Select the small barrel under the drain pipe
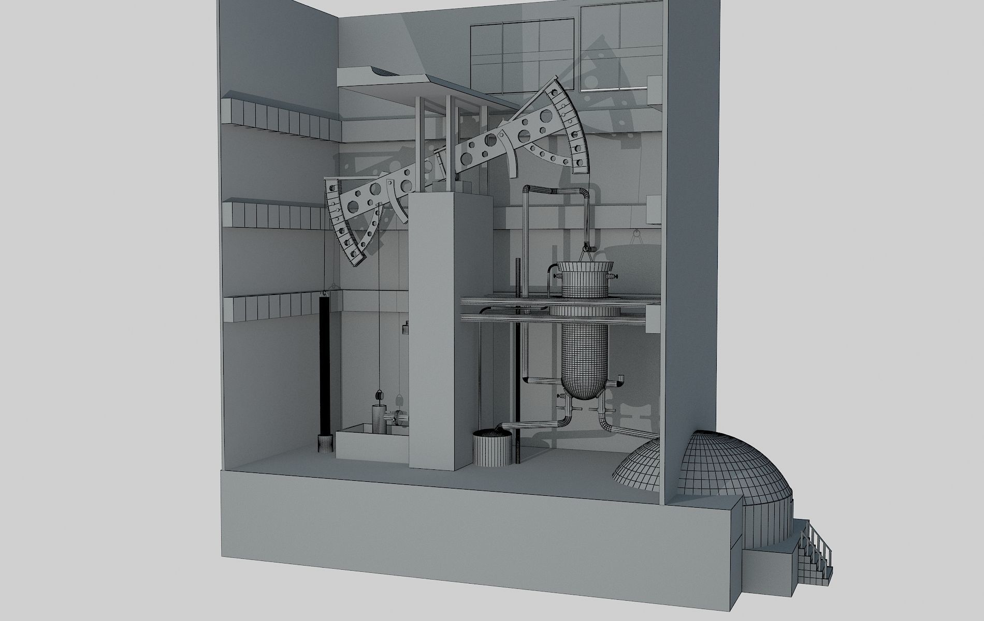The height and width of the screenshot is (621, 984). pyautogui.click(x=490, y=448)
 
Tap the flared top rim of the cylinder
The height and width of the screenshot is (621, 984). pyautogui.click(x=584, y=269)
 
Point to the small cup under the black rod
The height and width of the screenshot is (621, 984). pyautogui.click(x=324, y=443)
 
